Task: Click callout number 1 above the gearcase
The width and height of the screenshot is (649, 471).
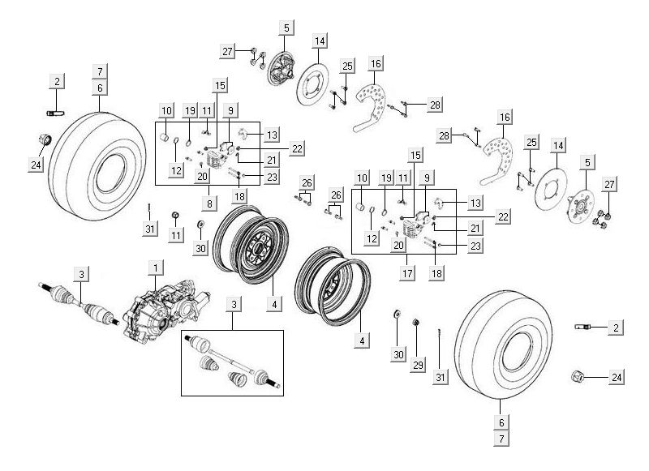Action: (x=155, y=266)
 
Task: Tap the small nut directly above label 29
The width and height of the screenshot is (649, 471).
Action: (x=416, y=323)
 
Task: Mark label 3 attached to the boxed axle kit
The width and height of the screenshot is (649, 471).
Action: (x=234, y=304)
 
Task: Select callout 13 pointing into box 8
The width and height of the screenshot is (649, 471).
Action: (x=272, y=134)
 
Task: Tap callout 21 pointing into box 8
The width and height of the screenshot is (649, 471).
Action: (x=272, y=160)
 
